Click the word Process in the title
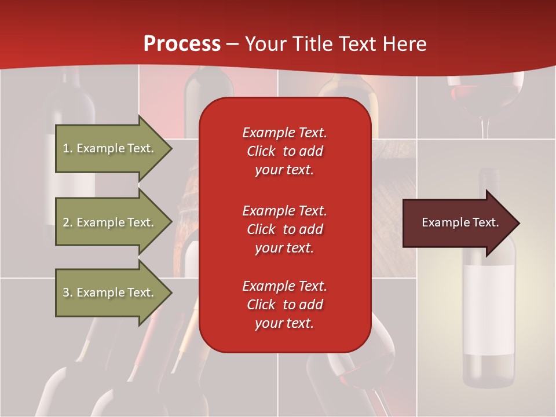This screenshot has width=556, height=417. tap(182, 44)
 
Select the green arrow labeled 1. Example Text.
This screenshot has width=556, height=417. tap(110, 148)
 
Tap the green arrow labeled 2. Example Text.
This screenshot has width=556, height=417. tap(110, 222)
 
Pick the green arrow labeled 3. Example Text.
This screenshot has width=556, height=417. tap(110, 292)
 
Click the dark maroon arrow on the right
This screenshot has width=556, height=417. tap(458, 222)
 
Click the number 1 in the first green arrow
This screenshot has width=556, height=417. tap(66, 148)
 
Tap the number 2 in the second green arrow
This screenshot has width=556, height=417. tap(66, 222)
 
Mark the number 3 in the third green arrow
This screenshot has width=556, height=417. tap(66, 292)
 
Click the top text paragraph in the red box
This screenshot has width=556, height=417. tap(284, 151)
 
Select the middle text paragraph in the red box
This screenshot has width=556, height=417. tap(284, 229)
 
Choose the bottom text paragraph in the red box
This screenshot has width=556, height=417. tap(284, 305)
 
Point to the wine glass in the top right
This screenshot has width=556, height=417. tap(485, 93)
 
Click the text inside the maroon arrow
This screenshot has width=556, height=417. tap(460, 222)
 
